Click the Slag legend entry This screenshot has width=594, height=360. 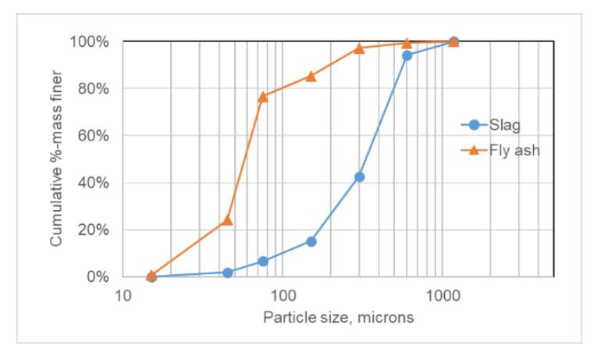491,125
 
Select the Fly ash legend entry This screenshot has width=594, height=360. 500,151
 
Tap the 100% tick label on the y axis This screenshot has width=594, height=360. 89,41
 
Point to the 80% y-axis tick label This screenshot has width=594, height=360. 93,89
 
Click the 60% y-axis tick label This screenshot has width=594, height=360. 93,136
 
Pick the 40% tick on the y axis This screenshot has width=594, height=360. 93,183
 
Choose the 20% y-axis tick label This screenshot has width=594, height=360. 93,230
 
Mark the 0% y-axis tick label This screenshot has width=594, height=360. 98,277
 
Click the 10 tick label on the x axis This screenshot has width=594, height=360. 123,295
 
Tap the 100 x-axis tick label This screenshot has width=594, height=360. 283,295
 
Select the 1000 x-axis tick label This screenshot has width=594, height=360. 443,295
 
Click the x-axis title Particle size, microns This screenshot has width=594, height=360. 338,318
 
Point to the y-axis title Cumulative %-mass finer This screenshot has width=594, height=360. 55,159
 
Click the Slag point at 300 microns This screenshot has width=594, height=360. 360,177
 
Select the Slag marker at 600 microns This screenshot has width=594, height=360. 407,55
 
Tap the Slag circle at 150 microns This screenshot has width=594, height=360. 311,242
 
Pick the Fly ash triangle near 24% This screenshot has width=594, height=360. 227,219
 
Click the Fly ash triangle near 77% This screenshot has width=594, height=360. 263,97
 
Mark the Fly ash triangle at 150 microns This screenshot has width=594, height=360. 311,77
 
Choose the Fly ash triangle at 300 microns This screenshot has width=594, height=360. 360,48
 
